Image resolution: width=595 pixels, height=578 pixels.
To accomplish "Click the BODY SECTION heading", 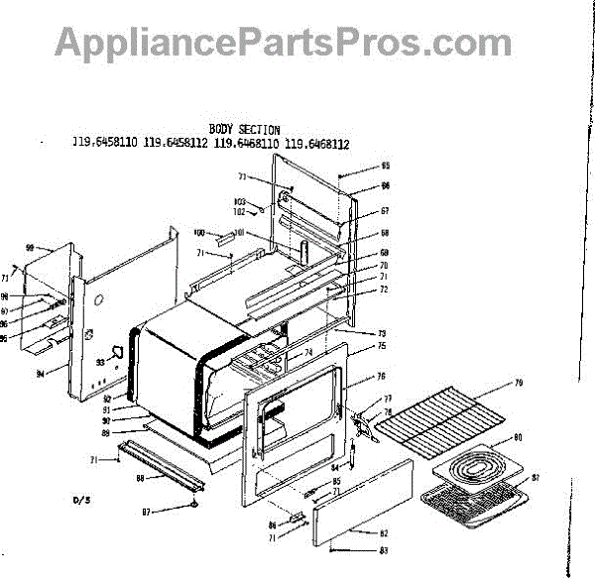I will (244, 130).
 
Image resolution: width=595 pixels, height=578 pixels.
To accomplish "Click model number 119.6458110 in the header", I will (104, 143).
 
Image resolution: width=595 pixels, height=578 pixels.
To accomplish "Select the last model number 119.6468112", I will (317, 143).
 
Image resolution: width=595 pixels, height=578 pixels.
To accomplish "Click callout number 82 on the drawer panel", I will (384, 534).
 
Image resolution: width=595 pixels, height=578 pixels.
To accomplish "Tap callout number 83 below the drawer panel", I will (384, 550).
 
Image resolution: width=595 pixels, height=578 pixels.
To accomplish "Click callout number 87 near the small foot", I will (147, 512).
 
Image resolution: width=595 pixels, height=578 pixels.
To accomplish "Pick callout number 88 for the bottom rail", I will (140, 479).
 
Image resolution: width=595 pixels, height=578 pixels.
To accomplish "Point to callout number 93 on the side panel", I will (100, 363).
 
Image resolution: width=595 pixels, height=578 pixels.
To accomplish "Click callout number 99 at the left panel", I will (30, 247).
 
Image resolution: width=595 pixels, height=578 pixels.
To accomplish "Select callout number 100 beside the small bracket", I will (198, 232).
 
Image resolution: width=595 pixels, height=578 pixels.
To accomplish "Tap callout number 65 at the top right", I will (386, 166).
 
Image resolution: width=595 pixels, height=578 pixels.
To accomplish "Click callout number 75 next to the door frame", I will (381, 346).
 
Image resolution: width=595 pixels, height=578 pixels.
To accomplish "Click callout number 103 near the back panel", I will (238, 201).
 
